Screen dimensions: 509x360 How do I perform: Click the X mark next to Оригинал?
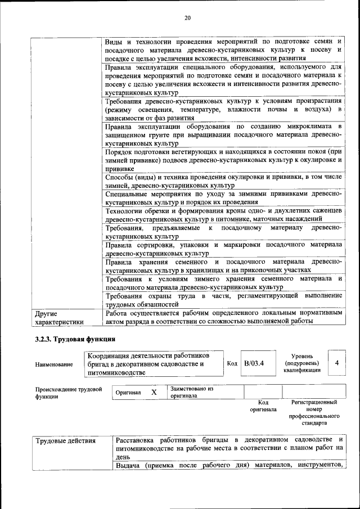(154, 391)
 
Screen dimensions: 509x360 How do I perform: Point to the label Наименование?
(54, 364)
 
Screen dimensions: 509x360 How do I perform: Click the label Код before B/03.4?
(232, 363)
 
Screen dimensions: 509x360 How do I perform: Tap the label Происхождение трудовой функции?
(68, 392)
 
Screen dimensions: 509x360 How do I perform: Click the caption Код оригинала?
(263, 406)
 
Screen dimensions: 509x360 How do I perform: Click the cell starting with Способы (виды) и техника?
(223, 182)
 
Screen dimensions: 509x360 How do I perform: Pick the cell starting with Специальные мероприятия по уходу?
(223, 197)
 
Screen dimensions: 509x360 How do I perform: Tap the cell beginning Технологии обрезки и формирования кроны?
(223, 214)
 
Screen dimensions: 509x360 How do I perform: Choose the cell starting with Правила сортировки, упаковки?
(223, 249)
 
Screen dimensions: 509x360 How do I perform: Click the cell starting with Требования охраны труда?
(223, 299)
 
